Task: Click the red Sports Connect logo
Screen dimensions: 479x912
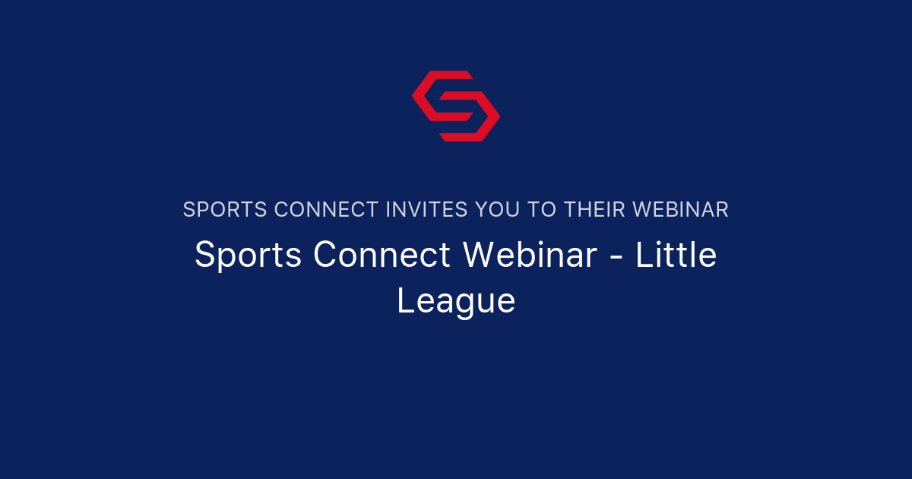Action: tap(456, 106)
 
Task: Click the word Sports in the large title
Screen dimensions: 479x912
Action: tap(249, 255)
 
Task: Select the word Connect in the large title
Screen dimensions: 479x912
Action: tap(382, 255)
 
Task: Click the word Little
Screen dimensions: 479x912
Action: tap(676, 255)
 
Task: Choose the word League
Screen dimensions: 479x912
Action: tap(456, 301)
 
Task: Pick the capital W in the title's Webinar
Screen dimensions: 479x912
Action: tap(480, 255)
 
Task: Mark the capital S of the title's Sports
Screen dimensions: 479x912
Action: tap(204, 255)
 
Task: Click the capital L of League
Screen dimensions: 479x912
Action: tap(404, 301)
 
